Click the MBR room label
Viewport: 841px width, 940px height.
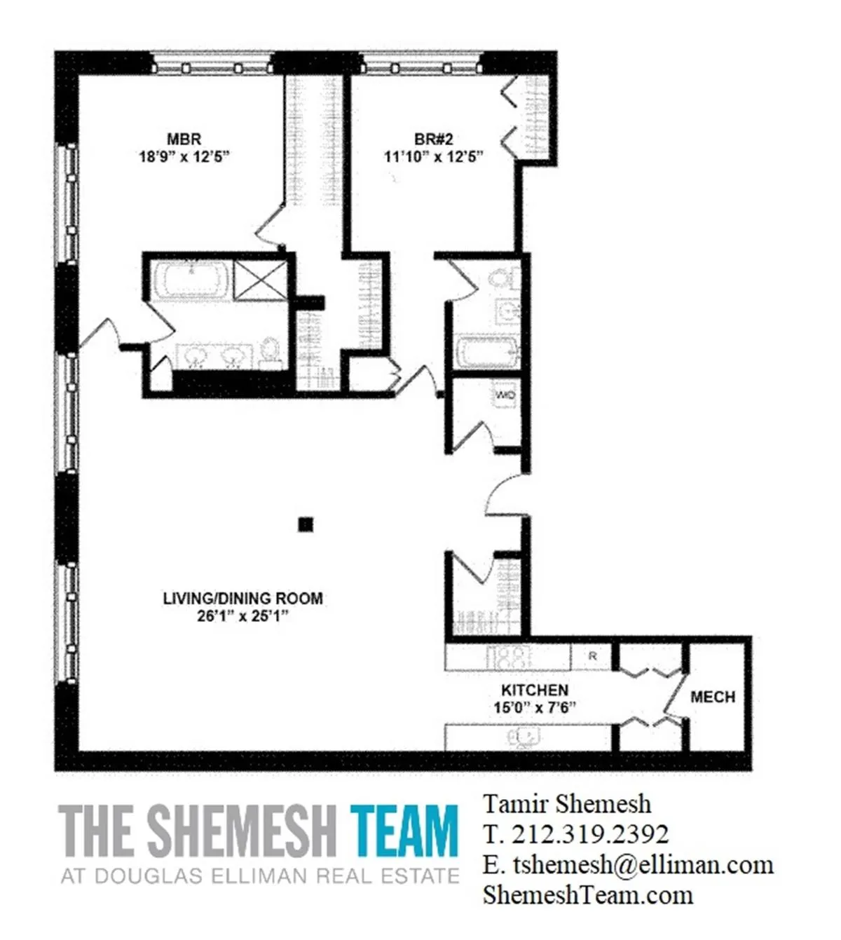(184, 139)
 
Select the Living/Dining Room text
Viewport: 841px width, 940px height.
(242, 599)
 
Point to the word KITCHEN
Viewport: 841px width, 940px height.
(534, 690)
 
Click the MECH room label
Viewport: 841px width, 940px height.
(712, 697)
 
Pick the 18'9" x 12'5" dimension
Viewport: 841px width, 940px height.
(184, 157)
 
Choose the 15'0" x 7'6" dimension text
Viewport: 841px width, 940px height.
(534, 707)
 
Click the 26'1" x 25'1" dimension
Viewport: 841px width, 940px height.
(242, 617)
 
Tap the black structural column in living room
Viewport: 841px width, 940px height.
(305, 524)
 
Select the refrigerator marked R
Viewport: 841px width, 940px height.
(593, 657)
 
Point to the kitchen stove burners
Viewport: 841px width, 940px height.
(510, 658)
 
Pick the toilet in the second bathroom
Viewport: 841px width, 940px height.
(502, 278)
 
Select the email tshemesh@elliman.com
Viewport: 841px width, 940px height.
(641, 864)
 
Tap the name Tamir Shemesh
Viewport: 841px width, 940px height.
(567, 803)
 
